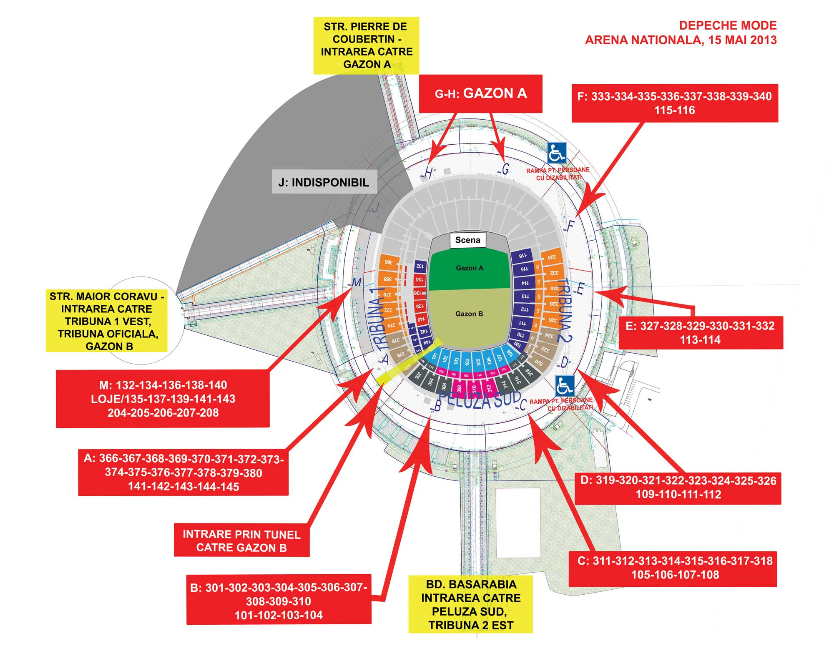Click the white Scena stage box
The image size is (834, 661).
(467, 240)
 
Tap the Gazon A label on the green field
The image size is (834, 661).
(469, 268)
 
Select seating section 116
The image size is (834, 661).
(522, 255)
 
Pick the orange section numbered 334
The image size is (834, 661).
(551, 257)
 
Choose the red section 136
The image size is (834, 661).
(419, 293)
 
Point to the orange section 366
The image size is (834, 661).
(388, 262)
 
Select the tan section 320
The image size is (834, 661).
(538, 362)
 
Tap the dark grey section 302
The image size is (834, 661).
(418, 375)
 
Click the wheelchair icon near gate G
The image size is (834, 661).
(557, 153)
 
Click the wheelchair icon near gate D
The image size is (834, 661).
(565, 386)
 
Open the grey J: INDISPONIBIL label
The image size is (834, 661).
(324, 182)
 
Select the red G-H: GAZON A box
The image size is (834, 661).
(480, 93)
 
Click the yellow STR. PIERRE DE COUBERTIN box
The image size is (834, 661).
(366, 45)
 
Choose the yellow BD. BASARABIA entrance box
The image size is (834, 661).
(470, 604)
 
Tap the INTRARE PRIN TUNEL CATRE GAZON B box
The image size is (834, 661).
(241, 541)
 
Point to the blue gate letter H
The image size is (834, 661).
(428, 172)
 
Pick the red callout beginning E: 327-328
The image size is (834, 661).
(700, 332)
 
